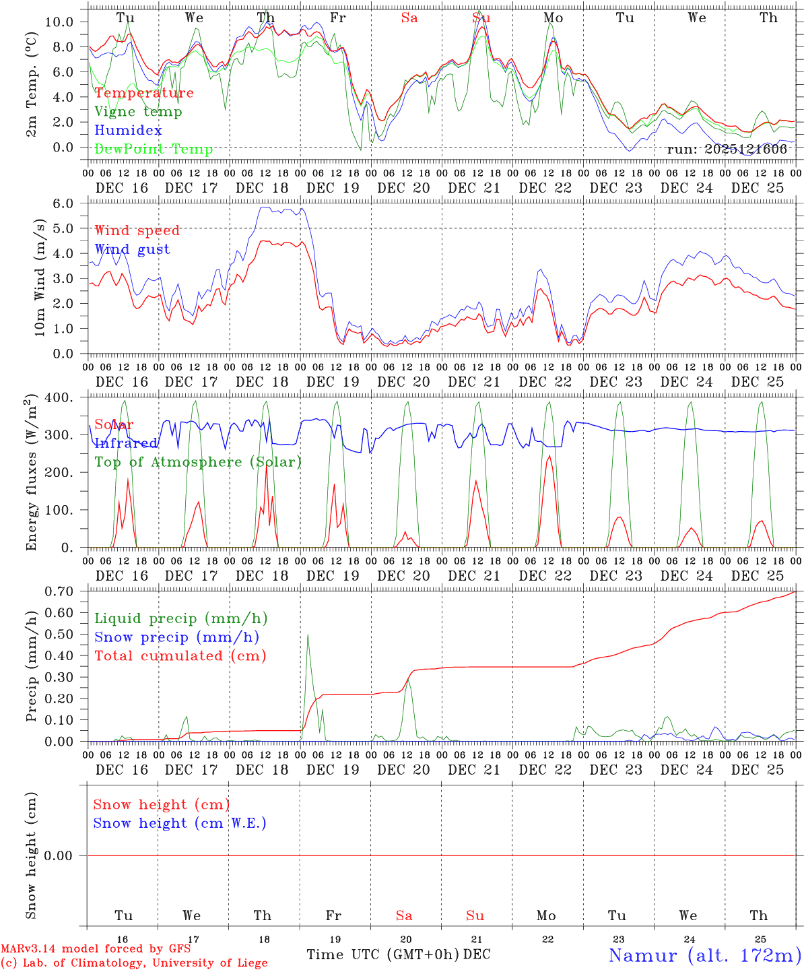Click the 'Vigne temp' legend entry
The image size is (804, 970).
(x=138, y=112)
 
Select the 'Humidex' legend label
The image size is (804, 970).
(x=128, y=131)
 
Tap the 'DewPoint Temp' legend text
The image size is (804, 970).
(x=154, y=150)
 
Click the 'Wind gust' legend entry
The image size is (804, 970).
(x=132, y=249)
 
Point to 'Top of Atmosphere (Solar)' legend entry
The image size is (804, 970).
(x=198, y=462)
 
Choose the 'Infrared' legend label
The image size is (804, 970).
(x=126, y=443)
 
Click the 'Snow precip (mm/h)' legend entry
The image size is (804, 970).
(x=177, y=637)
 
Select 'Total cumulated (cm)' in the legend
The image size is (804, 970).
(x=180, y=656)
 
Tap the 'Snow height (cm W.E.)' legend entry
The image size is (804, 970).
(x=180, y=823)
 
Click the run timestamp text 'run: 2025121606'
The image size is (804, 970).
(x=727, y=150)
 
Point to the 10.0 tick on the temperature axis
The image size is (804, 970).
(x=59, y=22)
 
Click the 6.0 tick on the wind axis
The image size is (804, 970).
(x=67, y=203)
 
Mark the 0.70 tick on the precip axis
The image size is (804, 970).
(x=63, y=591)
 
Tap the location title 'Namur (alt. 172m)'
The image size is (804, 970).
(x=705, y=955)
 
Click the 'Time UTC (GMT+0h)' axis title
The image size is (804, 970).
(x=382, y=955)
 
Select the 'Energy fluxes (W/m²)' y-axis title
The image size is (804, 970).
(x=31, y=474)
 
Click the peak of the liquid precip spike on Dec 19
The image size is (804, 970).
(x=308, y=635)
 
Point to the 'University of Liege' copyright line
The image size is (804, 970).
(x=134, y=963)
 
